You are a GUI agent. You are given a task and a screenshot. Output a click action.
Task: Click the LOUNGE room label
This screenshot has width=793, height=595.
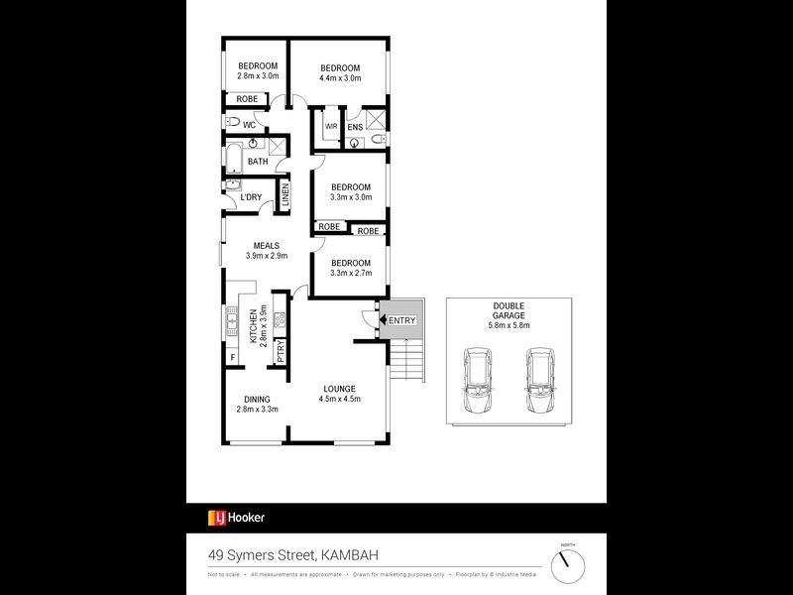[338, 389]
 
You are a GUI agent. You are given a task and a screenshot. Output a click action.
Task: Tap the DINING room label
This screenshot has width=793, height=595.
[257, 399]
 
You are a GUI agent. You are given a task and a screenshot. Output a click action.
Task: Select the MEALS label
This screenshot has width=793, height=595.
[266, 246]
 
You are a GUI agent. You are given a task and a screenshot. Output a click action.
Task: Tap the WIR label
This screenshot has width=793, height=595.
[331, 127]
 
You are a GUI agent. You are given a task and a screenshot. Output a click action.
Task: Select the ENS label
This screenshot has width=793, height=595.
[354, 127]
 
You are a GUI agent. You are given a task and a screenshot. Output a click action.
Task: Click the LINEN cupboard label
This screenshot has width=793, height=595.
[284, 194]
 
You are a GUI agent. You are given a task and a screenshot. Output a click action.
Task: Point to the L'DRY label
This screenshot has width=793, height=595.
[251, 197]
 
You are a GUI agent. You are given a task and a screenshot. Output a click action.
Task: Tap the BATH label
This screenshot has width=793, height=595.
[257, 162]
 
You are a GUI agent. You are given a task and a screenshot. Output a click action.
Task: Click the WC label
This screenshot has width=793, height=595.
[250, 125]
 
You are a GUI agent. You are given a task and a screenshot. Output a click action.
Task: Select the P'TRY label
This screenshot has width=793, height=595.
[281, 351]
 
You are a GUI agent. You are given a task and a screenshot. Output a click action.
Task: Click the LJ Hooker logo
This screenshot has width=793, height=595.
[235, 517]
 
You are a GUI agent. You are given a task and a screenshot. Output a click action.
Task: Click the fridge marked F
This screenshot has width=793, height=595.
[232, 357]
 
